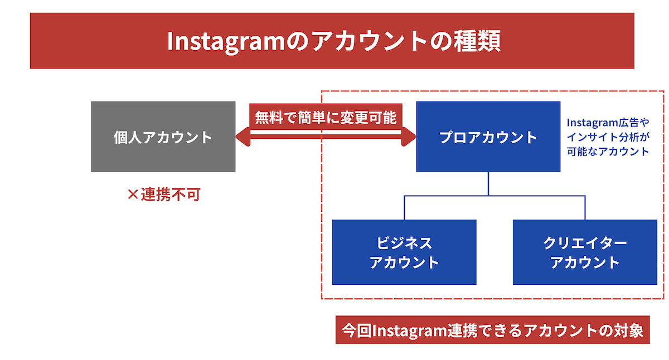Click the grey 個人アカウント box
pos(163,137)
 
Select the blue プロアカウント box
pos(488,137)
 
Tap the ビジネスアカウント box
pos(404,252)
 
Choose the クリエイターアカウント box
pos(585,252)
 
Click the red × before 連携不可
pos(133,195)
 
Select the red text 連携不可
pos(170,195)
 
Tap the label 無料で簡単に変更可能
pos(326,118)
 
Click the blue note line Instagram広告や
pos(608,122)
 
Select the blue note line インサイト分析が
pos(608,137)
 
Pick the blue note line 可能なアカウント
pos(608,151)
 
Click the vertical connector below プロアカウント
pos(488,183)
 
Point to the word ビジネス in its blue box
pos(404,244)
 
